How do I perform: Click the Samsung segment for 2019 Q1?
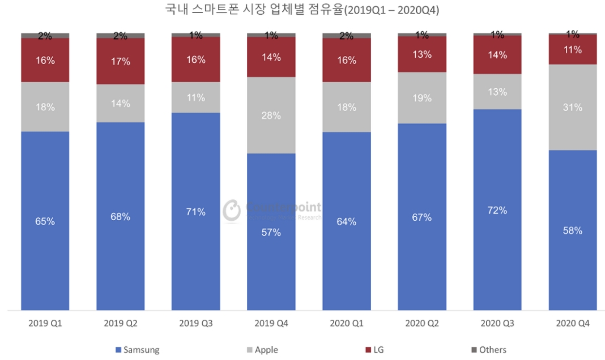(45, 221)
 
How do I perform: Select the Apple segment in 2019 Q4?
(271, 115)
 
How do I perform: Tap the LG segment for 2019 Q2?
(120, 61)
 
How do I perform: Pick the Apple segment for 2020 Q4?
(573, 107)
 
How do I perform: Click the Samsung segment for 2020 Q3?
(497, 209)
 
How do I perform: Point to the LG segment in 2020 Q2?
(422, 54)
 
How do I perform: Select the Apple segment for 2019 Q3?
(195, 97)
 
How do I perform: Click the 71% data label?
(195, 212)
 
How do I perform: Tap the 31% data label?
(573, 107)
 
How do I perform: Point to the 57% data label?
(271, 232)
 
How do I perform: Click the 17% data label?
(120, 61)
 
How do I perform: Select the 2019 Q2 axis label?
(120, 324)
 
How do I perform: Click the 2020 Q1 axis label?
(346, 324)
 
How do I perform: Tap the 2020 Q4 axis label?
(573, 324)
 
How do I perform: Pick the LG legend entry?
(374, 350)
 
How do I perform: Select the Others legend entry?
(488, 350)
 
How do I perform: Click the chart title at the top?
(302, 10)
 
